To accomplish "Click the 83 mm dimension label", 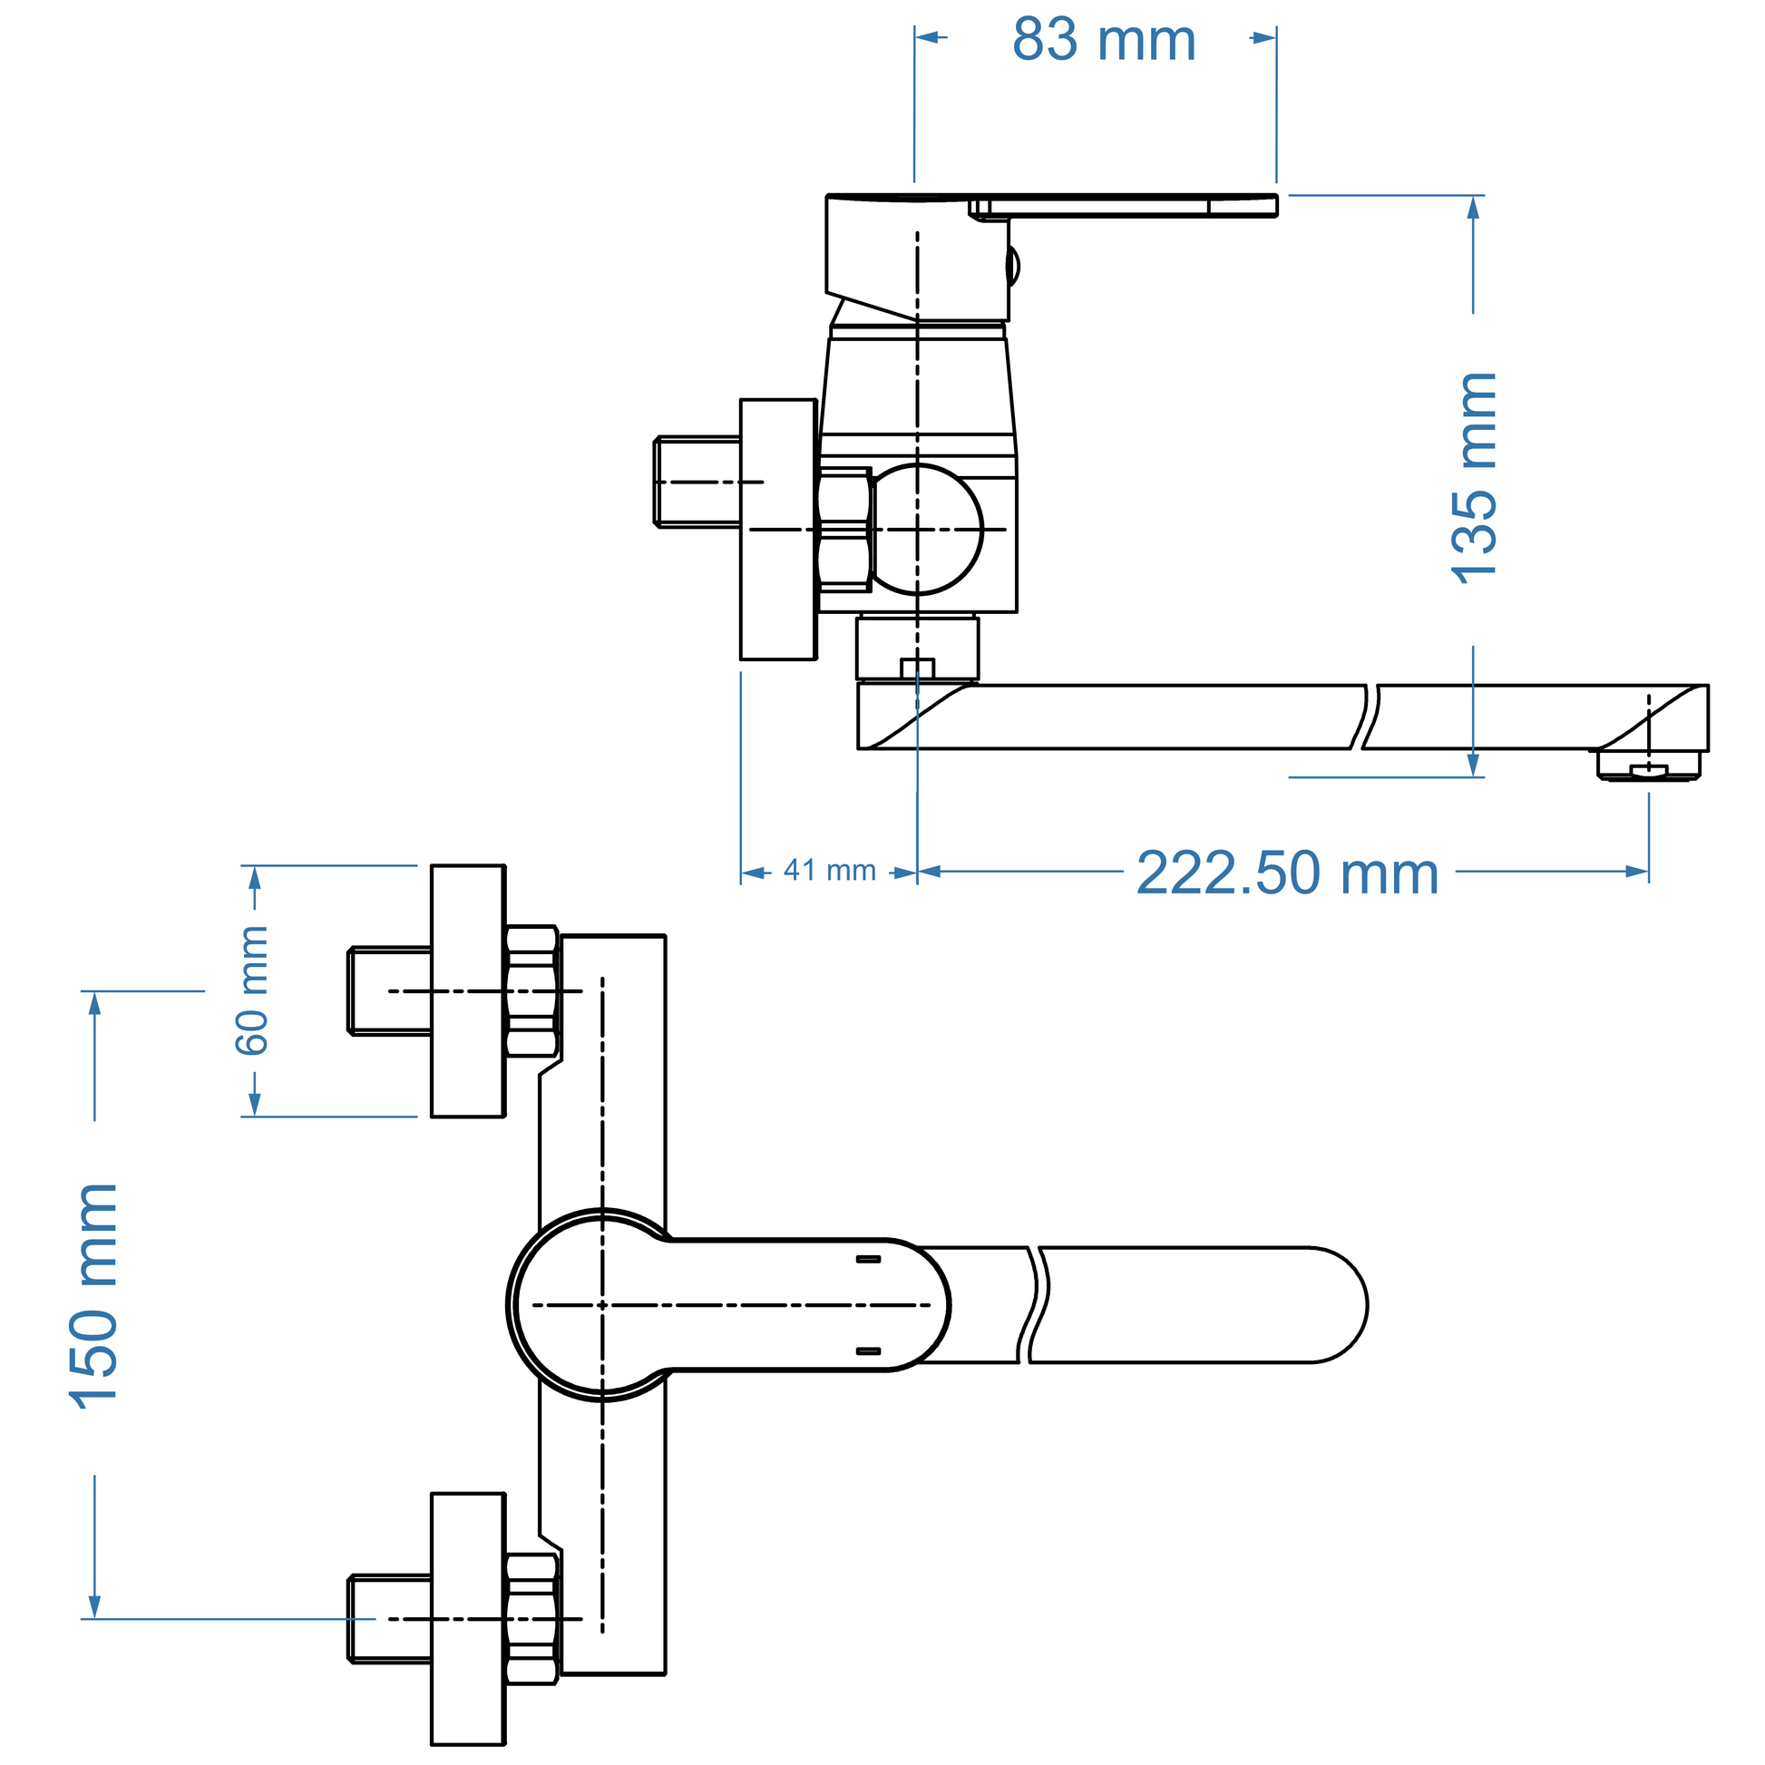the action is coord(1104,40).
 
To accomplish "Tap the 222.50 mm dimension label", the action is coord(1287,873).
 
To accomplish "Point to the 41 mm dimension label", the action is coord(830,871).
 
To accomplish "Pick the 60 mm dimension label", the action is coord(252,990).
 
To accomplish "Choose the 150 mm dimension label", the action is coord(94,1297).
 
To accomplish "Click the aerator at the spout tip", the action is coord(1648,765).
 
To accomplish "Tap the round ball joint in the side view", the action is coord(922,530).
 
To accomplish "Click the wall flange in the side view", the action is coord(778,529).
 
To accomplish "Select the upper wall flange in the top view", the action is coord(468,990).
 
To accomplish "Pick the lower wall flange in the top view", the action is coord(468,1619).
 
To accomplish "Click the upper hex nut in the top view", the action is coord(531,991).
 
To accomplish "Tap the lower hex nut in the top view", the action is coord(531,1619).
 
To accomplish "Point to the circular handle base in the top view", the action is coord(602,1304).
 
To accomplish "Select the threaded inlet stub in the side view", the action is coord(697,482).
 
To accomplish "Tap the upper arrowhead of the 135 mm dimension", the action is coord(1473,208).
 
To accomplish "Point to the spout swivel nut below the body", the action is coord(917,648).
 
